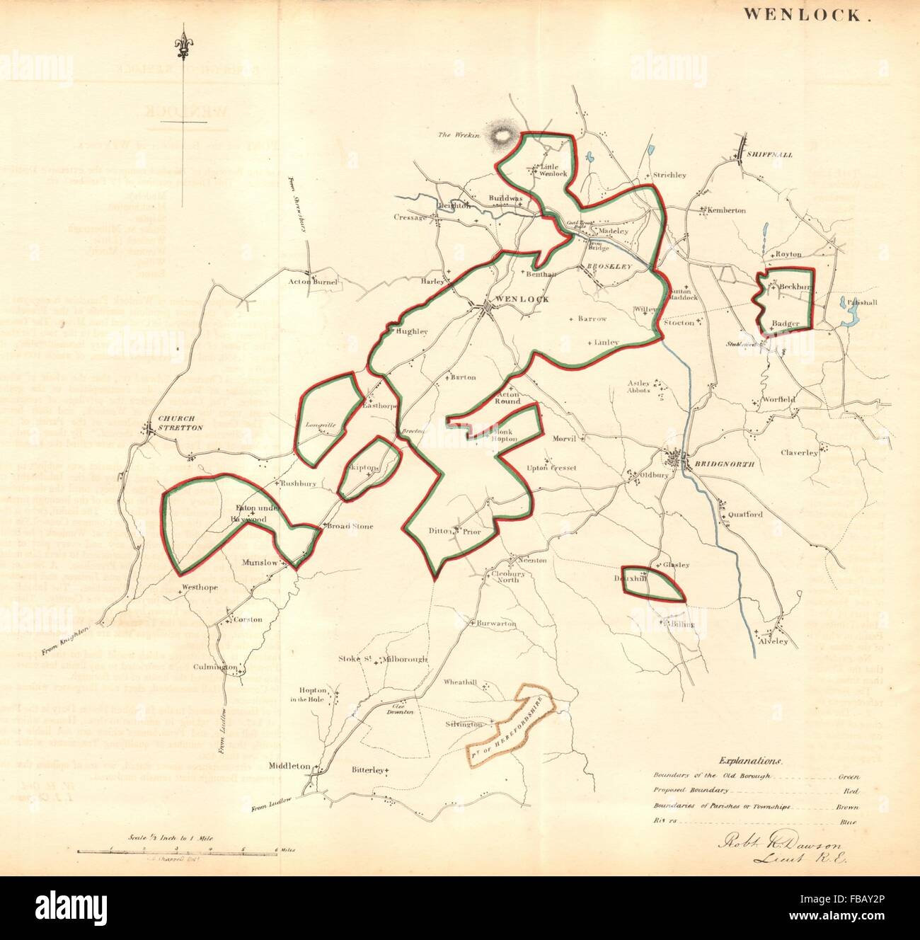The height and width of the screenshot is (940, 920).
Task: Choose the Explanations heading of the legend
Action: tap(751, 762)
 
